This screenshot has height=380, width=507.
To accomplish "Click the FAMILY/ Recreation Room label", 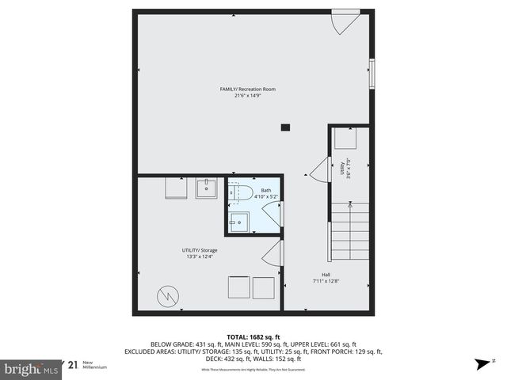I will point(247,89).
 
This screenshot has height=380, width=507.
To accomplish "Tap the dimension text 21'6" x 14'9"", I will point(247,97).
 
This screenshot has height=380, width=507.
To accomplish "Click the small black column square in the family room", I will point(285,127).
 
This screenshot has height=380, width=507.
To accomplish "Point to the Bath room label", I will point(266,190).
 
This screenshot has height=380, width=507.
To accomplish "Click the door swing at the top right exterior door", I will point(343,23).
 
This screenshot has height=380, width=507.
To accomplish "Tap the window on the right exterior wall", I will point(372,73).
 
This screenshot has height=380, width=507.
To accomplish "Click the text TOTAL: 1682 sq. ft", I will point(253,336).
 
